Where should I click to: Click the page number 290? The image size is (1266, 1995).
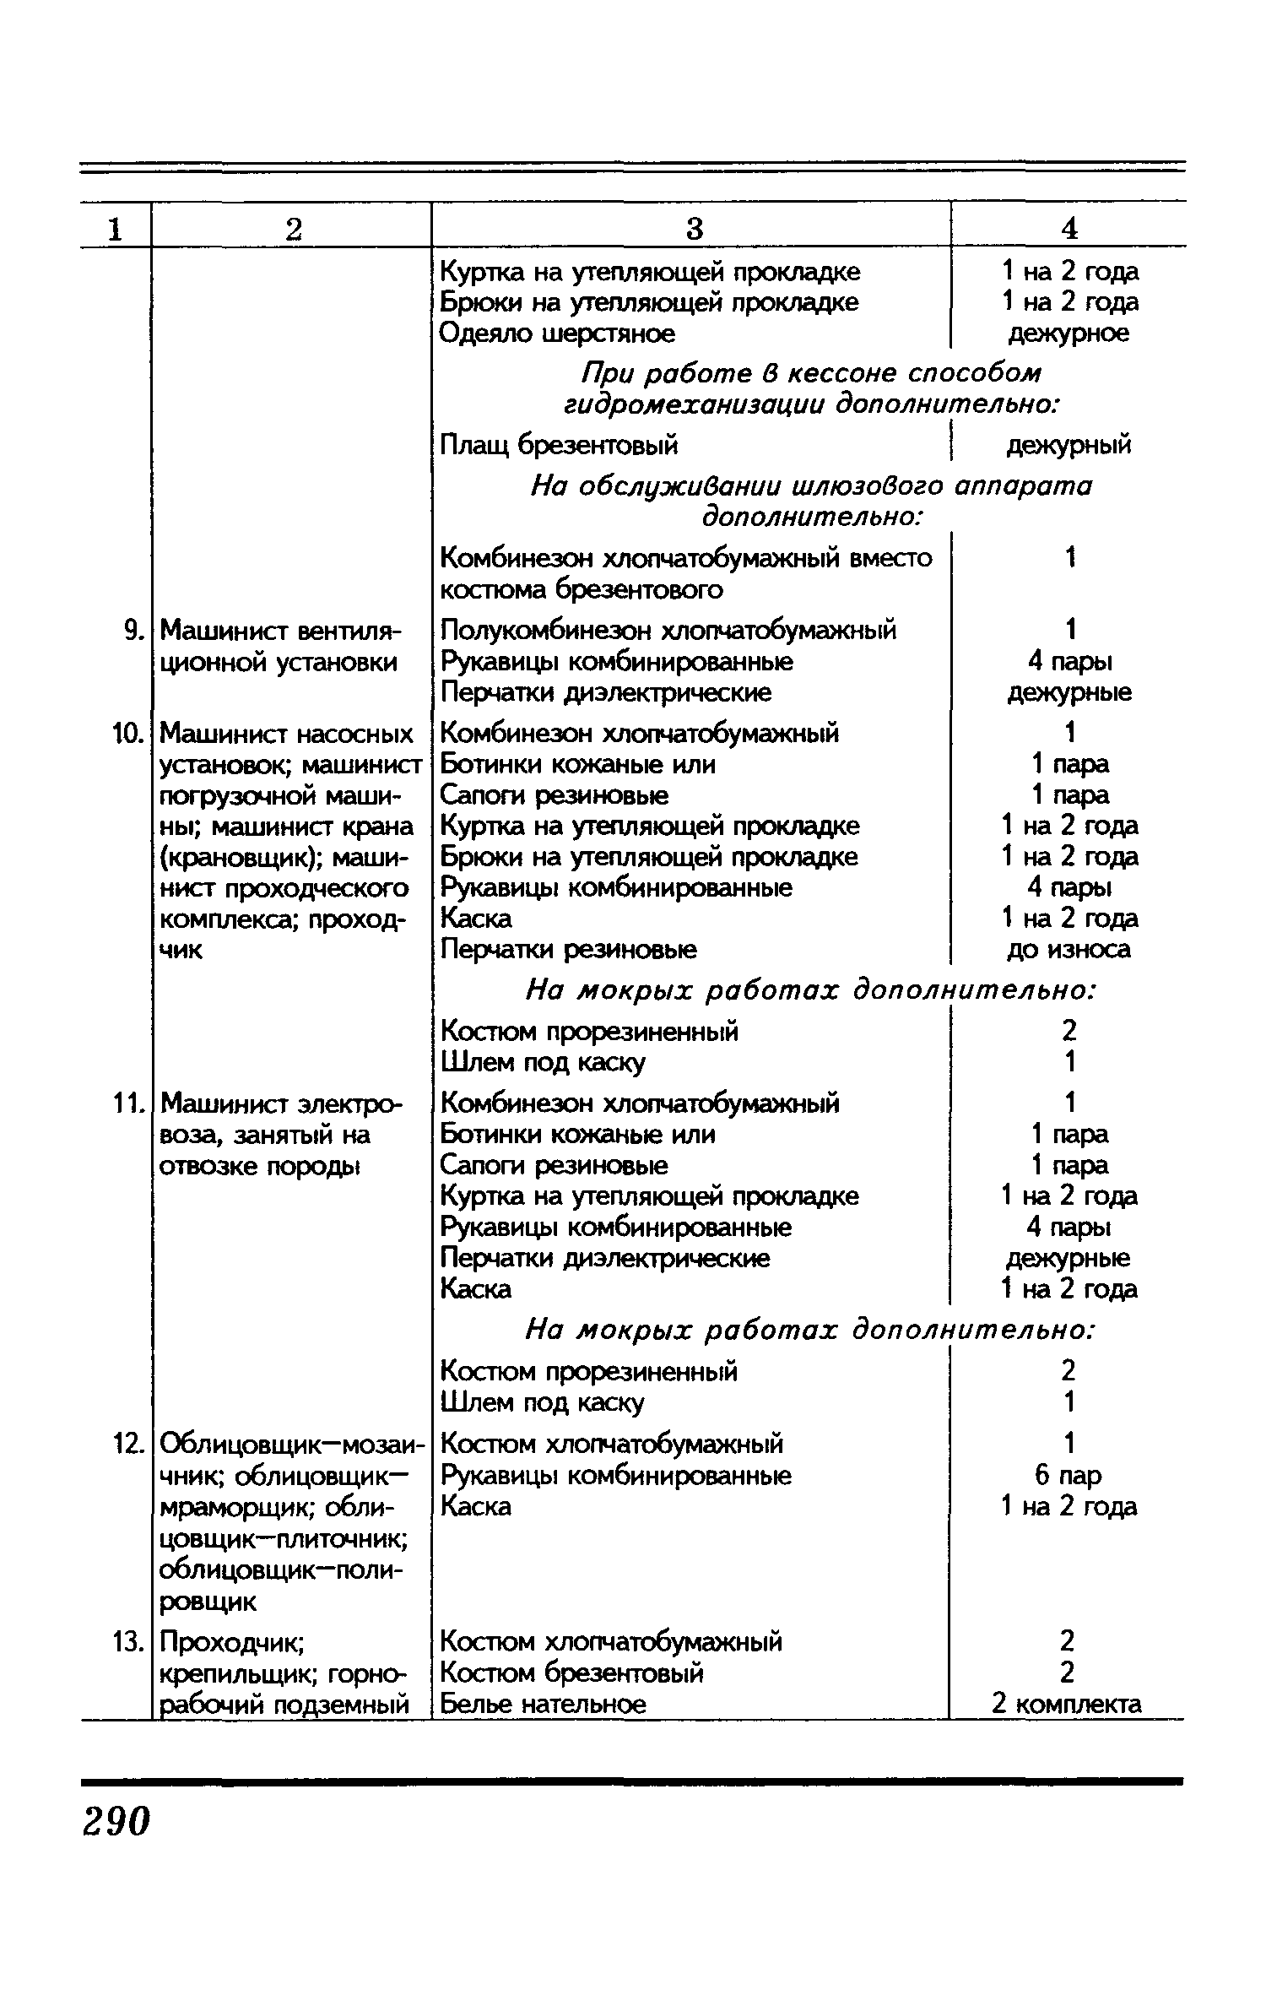coord(116,1819)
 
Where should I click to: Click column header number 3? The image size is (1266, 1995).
coord(694,228)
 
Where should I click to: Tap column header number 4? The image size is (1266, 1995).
coord(1069,228)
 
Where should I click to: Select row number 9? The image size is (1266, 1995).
coord(130,630)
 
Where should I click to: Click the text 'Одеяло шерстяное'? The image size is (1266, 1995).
coord(557,333)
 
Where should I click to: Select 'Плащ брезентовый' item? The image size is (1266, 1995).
coord(559,444)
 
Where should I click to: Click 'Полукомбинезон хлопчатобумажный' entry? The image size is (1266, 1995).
coord(668,630)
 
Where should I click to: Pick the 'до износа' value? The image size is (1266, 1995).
coord(1069,950)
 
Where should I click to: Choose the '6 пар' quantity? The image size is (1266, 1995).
coord(1069,1476)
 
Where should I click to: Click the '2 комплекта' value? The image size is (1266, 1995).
coord(1067,1705)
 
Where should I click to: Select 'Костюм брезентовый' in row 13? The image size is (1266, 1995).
coord(572,1673)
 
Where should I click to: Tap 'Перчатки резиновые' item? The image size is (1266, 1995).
coord(569,950)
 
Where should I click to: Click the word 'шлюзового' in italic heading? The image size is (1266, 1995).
coord(867,486)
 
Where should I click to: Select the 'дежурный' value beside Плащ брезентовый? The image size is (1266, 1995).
coord(1069,444)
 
